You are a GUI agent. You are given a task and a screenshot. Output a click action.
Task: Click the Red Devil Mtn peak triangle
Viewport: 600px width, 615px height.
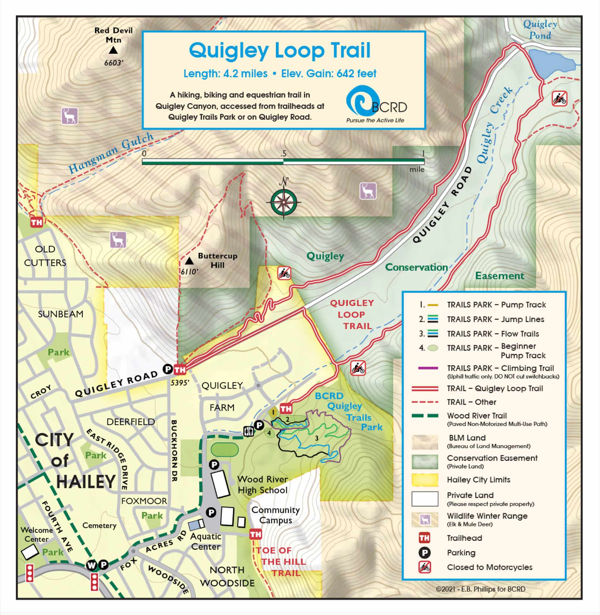click(113, 50)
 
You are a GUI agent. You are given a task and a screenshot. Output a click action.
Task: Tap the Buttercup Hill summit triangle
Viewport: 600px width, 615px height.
click(189, 261)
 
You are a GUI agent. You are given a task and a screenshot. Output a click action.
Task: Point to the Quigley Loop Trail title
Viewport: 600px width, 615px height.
click(280, 50)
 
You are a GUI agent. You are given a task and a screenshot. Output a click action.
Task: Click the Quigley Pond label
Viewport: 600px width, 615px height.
click(540, 30)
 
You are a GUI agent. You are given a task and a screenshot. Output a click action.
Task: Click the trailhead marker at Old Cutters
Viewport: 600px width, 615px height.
click(36, 223)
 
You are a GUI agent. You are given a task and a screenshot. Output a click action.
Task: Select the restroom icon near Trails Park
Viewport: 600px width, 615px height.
click(248, 431)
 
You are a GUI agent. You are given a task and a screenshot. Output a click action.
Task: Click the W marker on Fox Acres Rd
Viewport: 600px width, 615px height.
click(91, 565)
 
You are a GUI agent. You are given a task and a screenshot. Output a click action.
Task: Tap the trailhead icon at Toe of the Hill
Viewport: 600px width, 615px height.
click(255, 534)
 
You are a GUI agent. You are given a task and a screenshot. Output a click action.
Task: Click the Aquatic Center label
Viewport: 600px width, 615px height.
click(205, 541)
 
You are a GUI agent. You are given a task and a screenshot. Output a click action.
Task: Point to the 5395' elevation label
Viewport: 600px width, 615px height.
click(180, 382)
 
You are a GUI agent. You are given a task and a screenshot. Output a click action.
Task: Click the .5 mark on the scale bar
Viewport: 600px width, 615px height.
click(284, 154)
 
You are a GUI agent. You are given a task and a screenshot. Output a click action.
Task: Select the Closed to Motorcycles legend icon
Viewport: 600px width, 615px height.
click(425, 567)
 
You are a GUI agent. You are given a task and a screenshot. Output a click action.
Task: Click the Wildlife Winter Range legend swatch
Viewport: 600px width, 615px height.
click(425, 519)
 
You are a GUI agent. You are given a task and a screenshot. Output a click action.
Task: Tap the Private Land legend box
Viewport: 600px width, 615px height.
click(425, 499)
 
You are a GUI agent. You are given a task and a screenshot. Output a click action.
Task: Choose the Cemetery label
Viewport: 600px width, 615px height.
click(99, 525)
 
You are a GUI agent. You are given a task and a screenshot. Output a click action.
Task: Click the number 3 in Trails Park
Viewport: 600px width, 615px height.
click(316, 438)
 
